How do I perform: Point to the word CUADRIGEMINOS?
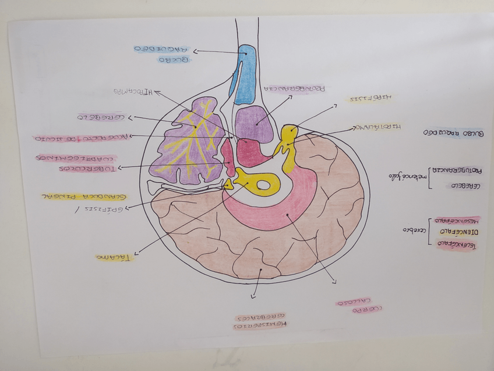point(76,157)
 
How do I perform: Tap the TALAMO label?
point(114,257)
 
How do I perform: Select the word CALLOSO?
point(351,303)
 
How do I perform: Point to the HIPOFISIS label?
point(370,99)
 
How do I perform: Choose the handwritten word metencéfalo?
point(411,176)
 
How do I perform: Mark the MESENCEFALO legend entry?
point(457,220)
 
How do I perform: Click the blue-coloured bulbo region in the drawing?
point(245,73)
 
